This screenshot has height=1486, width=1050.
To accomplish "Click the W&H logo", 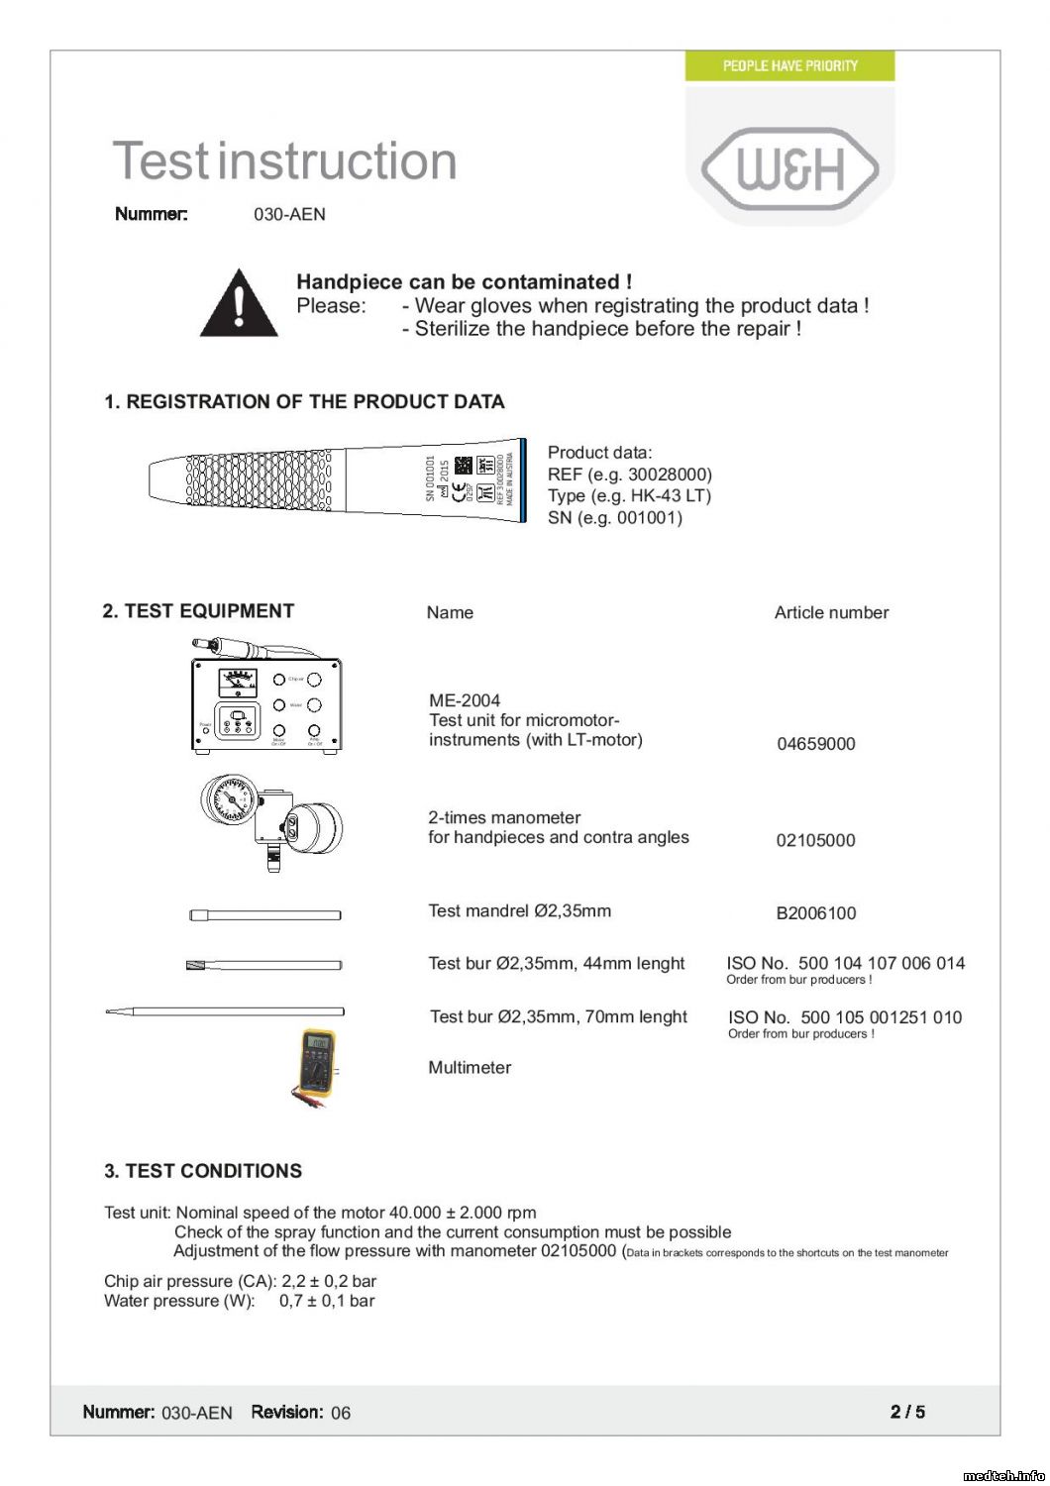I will (790, 168).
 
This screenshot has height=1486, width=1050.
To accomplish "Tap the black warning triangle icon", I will (239, 304).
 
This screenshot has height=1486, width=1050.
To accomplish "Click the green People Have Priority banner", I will (789, 65).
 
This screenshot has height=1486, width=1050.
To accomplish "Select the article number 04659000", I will (815, 744).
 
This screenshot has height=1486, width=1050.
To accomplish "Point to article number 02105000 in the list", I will (815, 840).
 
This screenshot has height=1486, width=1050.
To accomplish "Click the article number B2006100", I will (815, 913).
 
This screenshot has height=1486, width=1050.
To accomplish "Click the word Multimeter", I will (470, 1067).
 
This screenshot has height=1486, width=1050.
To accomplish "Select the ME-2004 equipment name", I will (465, 700).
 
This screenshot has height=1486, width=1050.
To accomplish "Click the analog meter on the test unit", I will (238, 681).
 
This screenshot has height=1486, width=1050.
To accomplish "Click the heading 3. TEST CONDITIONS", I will (203, 1171).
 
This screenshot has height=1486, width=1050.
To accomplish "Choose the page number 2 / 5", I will (907, 1412).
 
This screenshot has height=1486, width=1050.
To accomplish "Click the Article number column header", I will (831, 612).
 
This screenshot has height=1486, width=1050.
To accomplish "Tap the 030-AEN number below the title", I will (289, 214).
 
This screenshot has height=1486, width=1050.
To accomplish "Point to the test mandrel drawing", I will (265, 914).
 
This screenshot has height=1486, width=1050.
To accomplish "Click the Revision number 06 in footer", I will (341, 1413).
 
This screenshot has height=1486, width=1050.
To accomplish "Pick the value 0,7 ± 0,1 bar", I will (327, 1301).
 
